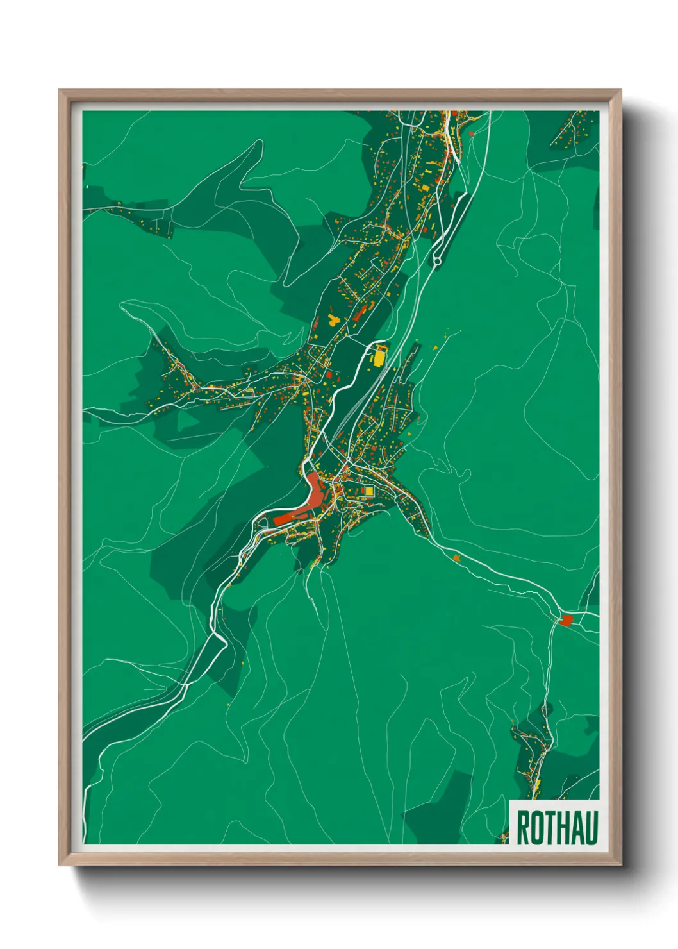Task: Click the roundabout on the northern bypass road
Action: [437, 260]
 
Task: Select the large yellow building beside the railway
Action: [381, 355]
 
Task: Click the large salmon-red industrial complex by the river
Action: [314, 497]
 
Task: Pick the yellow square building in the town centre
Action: [368, 491]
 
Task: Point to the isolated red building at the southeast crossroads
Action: [566, 620]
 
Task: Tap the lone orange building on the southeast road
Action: [457, 558]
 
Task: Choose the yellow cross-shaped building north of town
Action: [333, 319]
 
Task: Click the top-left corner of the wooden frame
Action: [60, 90]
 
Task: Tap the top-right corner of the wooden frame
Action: [621, 90]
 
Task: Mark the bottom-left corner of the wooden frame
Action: [60, 865]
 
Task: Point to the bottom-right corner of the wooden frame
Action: [621, 865]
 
